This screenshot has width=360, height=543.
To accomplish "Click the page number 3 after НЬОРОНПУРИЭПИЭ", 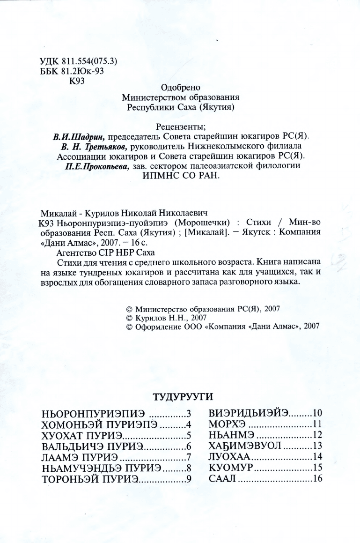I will [189, 415].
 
